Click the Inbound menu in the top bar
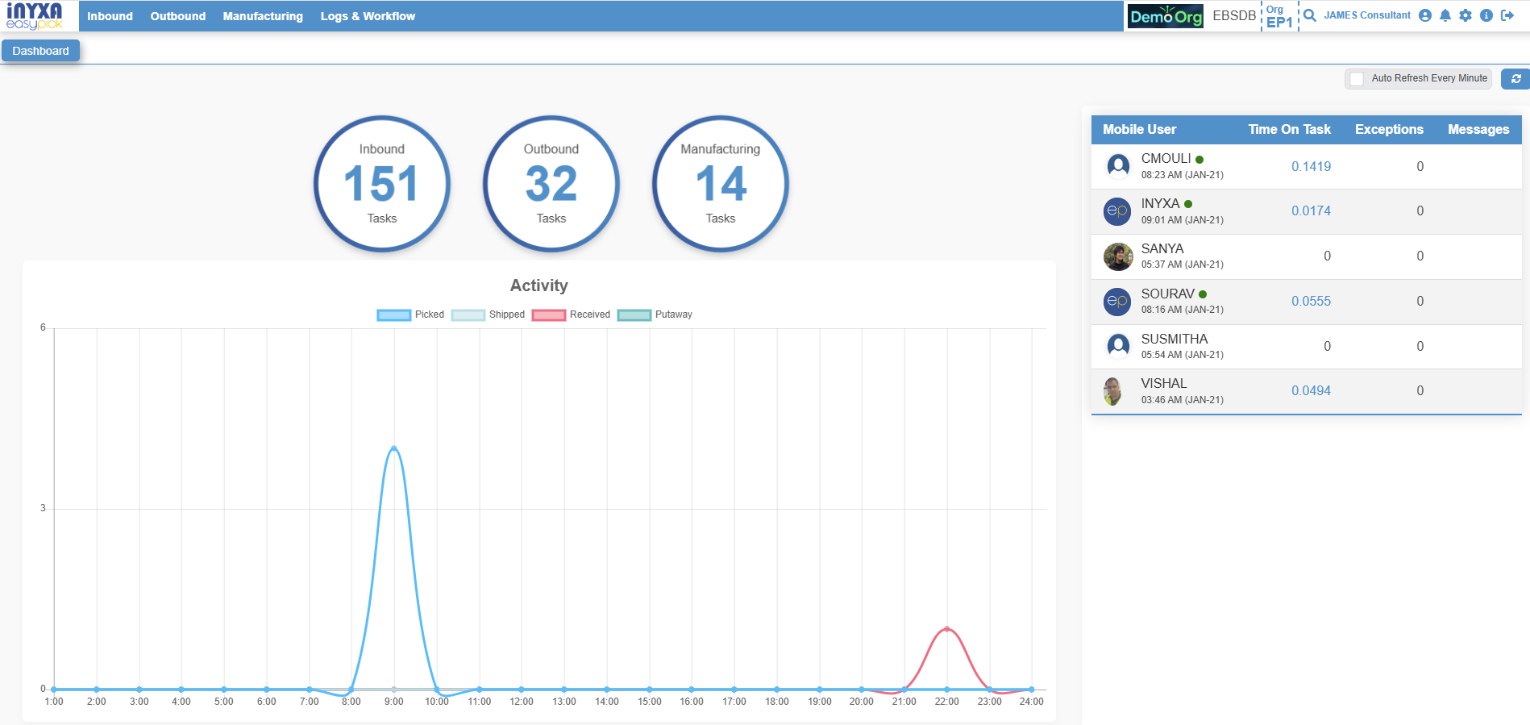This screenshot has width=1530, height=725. (x=110, y=16)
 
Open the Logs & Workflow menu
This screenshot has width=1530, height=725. (x=368, y=16)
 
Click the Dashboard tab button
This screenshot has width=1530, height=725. (x=40, y=51)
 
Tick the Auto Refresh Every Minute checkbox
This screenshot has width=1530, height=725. (x=1357, y=78)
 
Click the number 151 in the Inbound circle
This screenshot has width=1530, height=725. (x=381, y=184)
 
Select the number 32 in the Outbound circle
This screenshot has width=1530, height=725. (x=551, y=184)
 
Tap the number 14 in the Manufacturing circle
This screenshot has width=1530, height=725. (x=721, y=184)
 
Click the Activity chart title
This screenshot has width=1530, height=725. (x=538, y=285)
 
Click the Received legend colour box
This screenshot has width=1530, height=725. (x=548, y=315)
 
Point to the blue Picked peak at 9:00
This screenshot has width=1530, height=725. (x=393, y=448)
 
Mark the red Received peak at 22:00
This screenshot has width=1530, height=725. (x=946, y=629)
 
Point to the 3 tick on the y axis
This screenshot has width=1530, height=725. (x=43, y=508)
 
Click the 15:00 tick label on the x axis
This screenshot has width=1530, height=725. (x=649, y=702)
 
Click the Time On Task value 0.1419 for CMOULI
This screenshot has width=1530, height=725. (x=1311, y=166)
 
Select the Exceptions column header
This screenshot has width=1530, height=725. (x=1389, y=129)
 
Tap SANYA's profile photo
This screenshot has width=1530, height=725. (x=1118, y=256)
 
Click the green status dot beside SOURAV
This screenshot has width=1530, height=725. (x=1203, y=294)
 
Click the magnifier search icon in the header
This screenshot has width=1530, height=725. (x=1310, y=15)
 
